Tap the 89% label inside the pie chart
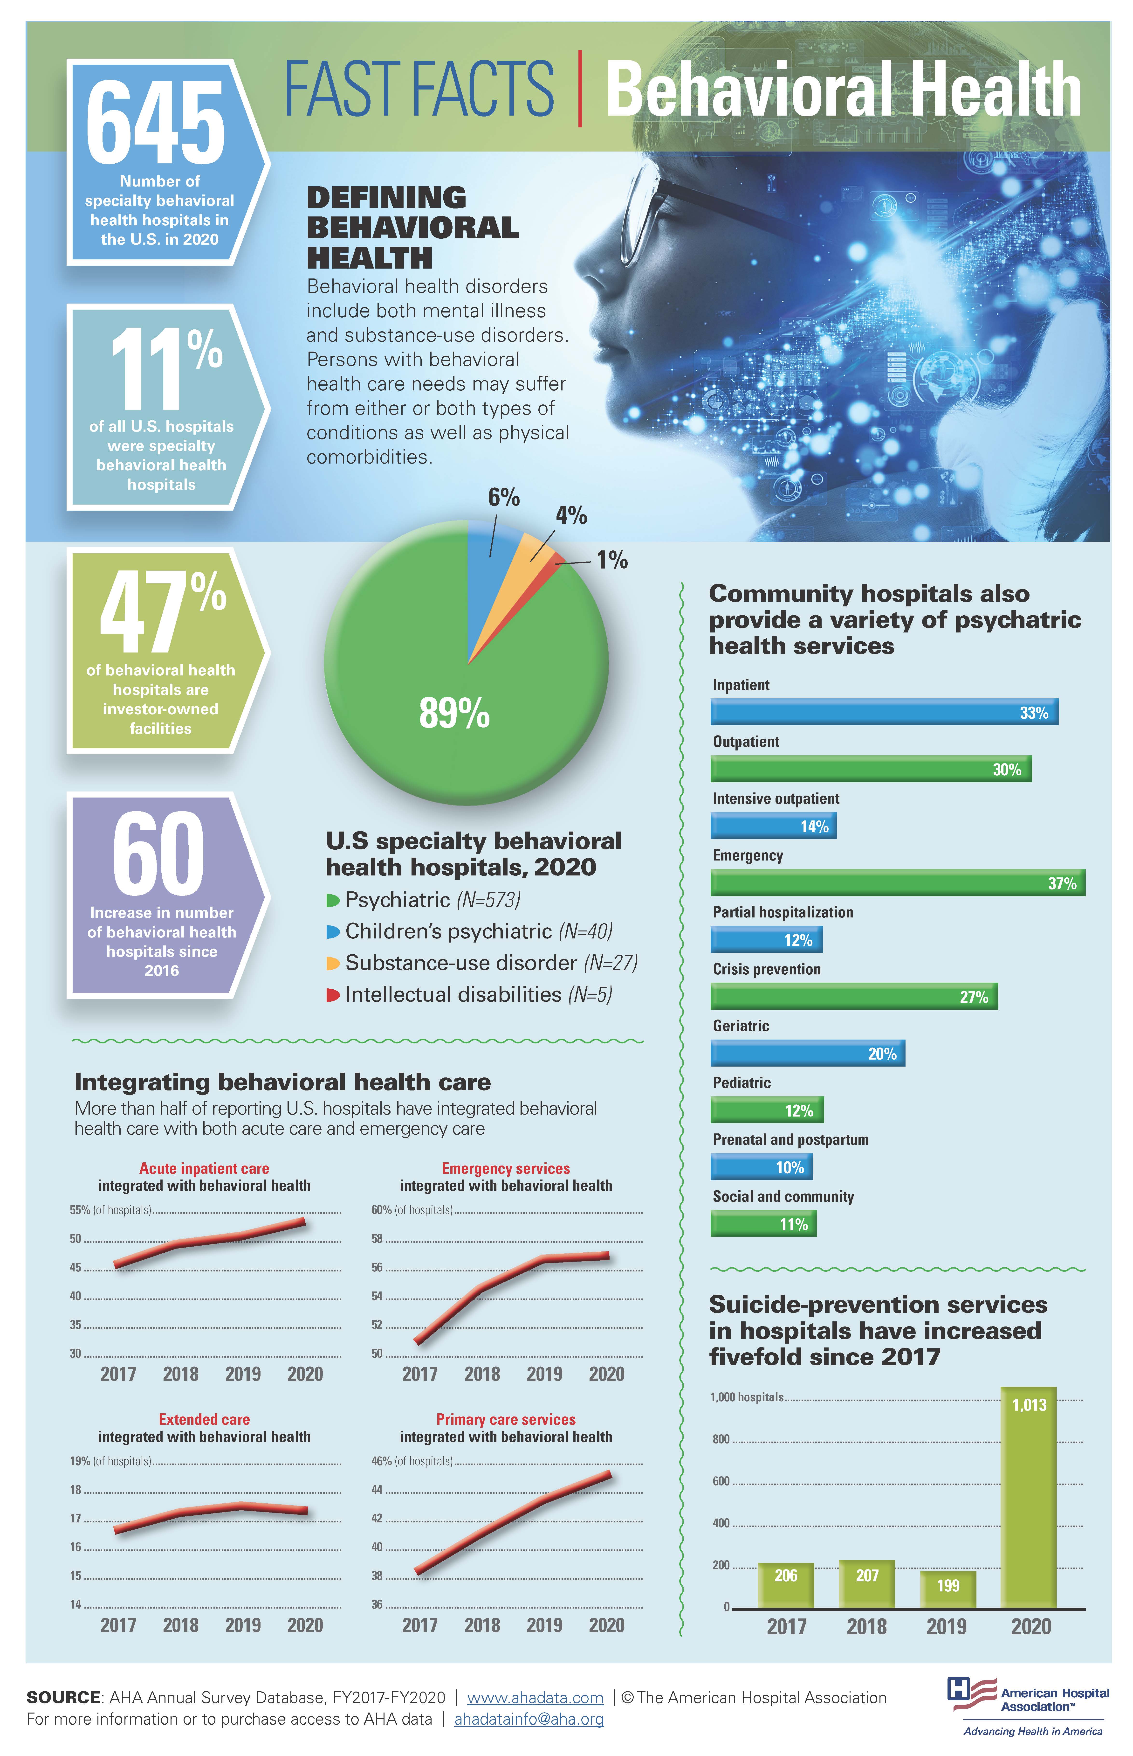(454, 712)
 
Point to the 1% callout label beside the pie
(611, 560)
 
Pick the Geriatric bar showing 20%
(807, 1053)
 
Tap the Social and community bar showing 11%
(763, 1224)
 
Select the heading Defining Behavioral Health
(412, 227)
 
